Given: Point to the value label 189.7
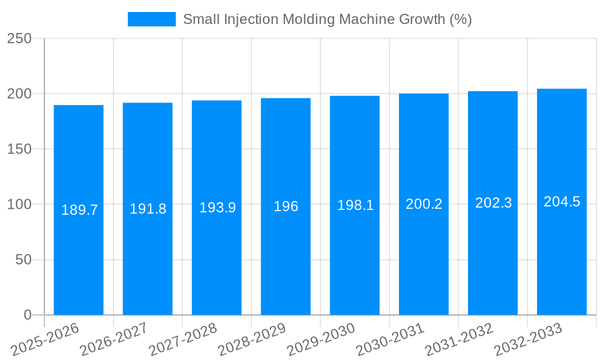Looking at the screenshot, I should click(x=79, y=210).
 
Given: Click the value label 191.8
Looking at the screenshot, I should click(x=148, y=209).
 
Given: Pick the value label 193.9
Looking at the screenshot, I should click(x=217, y=208).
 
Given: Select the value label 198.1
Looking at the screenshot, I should click(x=355, y=205).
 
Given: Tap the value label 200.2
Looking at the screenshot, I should click(x=424, y=204).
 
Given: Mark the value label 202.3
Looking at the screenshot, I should click(x=493, y=203).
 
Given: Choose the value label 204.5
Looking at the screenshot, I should click(x=562, y=202).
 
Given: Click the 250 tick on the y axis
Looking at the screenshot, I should click(x=19, y=38).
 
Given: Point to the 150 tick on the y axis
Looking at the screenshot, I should click(x=19, y=149).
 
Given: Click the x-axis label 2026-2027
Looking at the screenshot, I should click(x=114, y=340).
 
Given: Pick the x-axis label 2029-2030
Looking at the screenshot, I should click(x=321, y=340).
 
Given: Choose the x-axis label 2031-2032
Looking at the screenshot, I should click(x=459, y=340).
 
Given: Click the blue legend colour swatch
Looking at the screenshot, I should click(x=151, y=19).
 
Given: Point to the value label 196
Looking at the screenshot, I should click(x=286, y=206).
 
